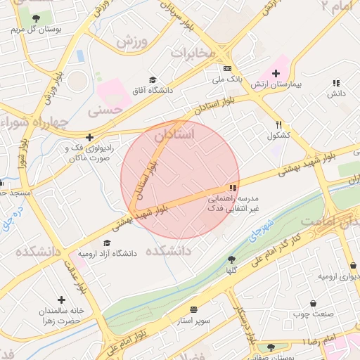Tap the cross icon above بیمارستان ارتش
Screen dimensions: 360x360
[276, 73]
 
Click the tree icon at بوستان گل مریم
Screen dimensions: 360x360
[36, 18]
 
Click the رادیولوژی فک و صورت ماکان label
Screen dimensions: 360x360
[89, 153]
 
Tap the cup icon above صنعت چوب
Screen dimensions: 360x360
[313, 304]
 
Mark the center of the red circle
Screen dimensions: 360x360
[180, 180]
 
